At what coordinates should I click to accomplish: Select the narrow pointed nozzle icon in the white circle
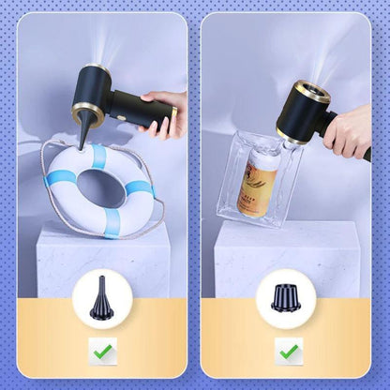[100, 297]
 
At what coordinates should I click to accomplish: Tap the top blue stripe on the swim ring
[98, 156]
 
